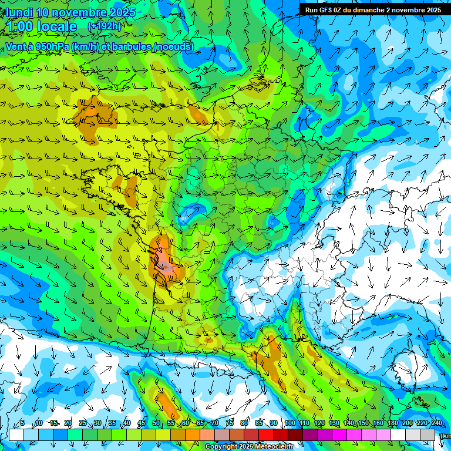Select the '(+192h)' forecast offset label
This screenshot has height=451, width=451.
pos(105,26)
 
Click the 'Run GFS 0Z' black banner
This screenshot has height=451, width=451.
pos(373,10)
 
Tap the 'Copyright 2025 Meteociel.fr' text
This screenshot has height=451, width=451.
pos(250,447)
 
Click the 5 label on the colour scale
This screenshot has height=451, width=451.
pos(22,423)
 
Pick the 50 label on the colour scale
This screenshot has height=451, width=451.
pos(156,423)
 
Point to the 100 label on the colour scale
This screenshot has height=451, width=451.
pos(290,423)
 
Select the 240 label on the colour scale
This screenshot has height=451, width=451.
pos(436,423)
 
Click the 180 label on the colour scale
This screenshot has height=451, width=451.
pos(392,423)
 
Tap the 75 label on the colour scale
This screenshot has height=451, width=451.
pos(230,423)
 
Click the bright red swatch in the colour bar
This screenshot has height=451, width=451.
pos(266,435)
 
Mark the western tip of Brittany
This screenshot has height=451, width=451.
pos(84,174)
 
